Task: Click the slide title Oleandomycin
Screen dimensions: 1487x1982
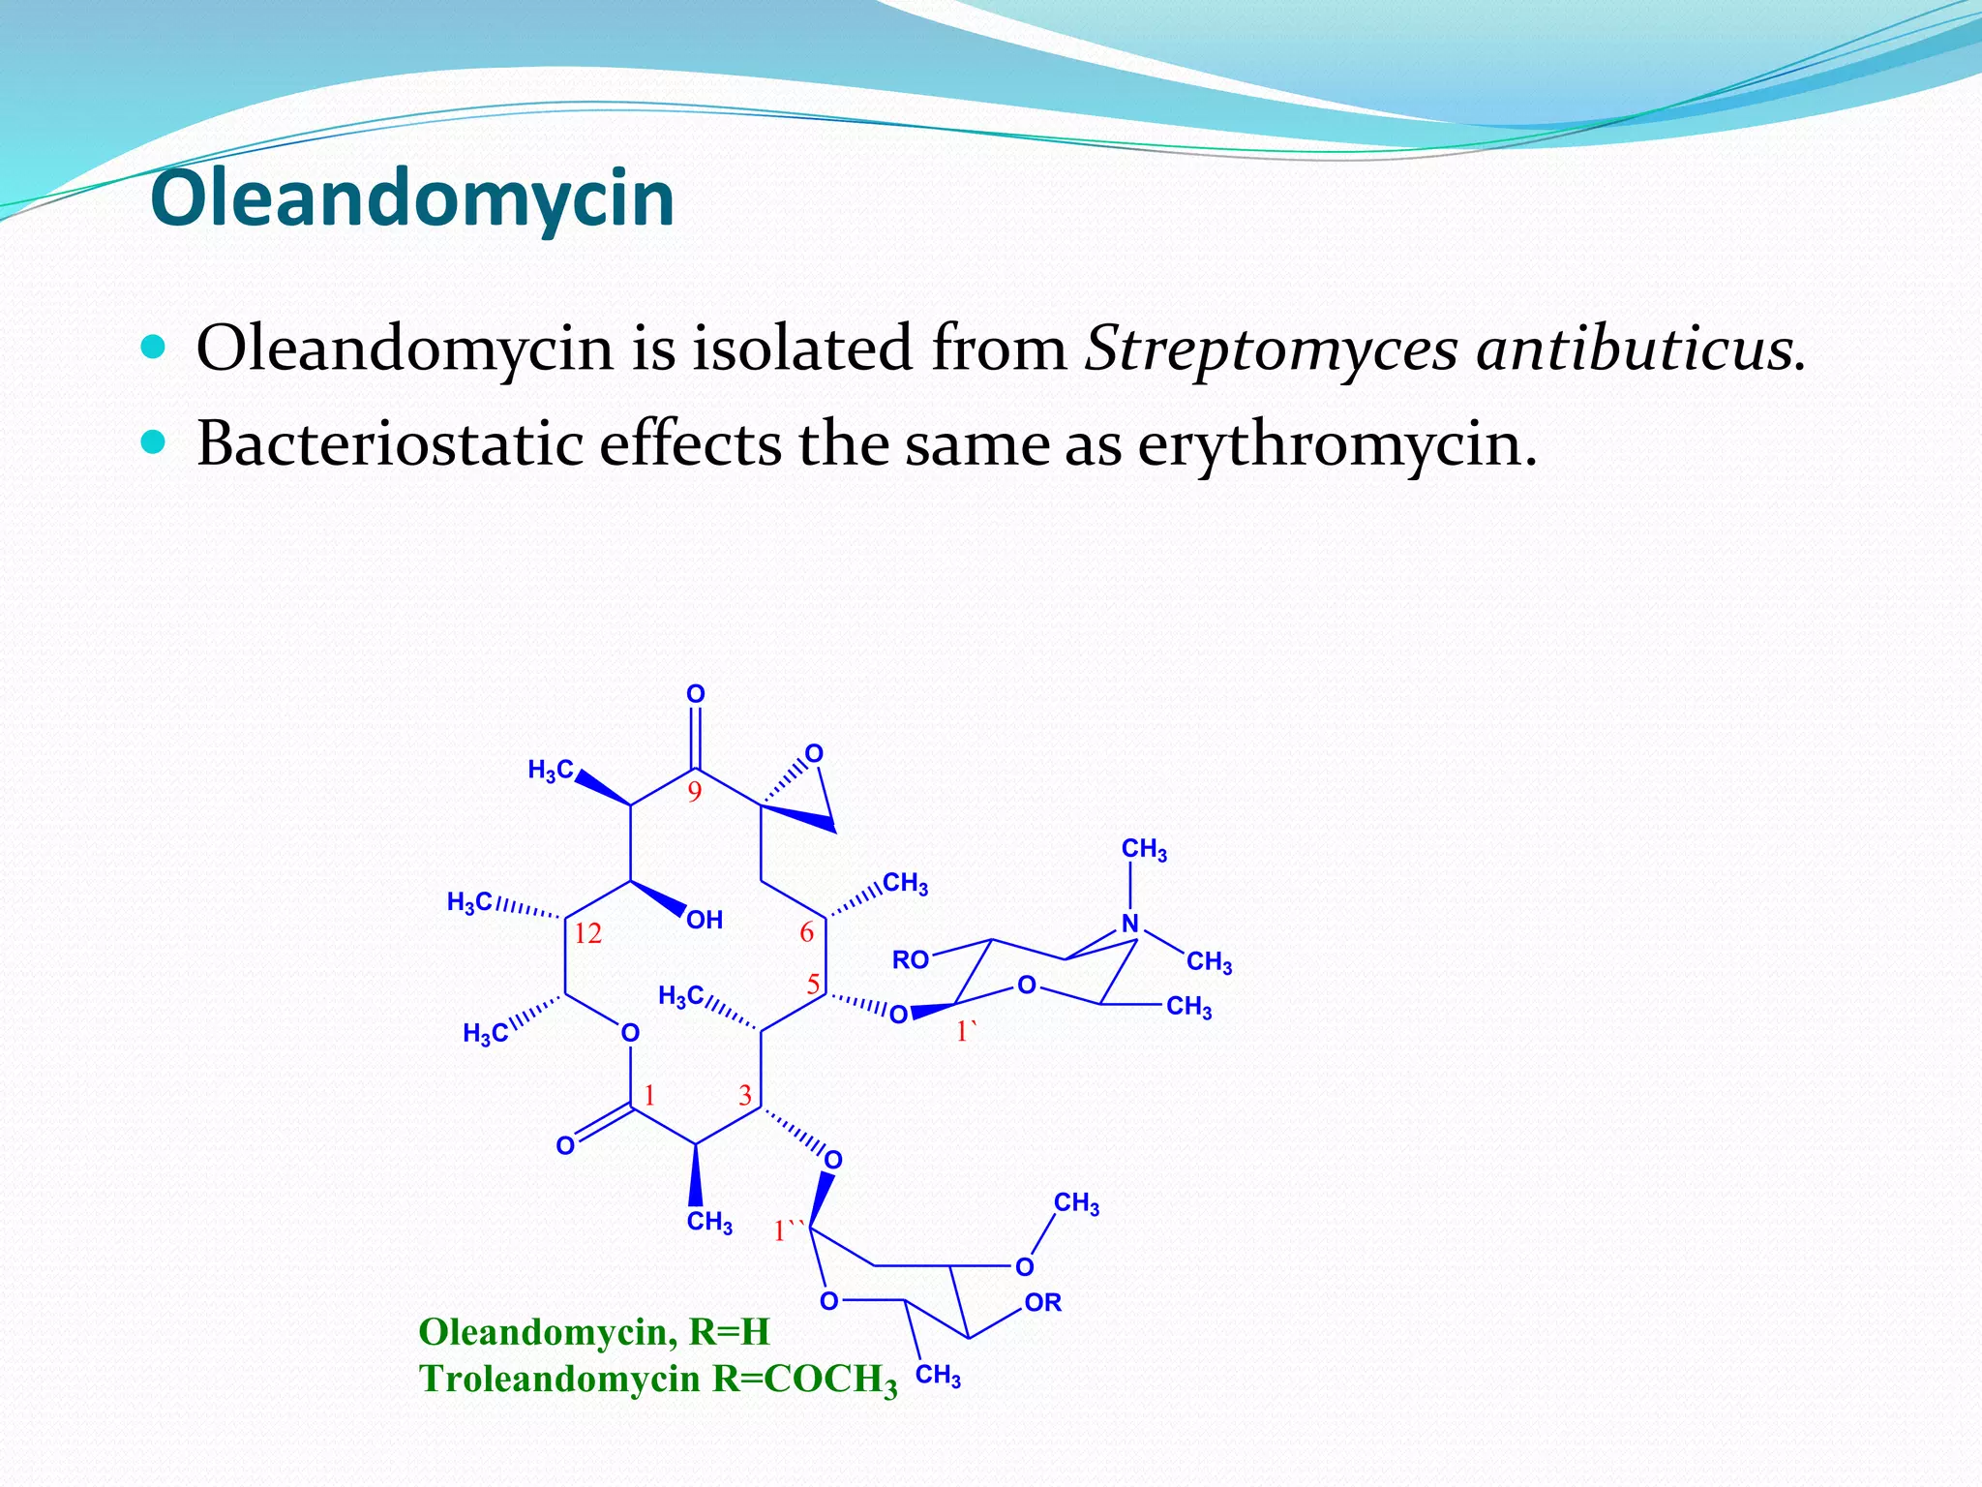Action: [x=412, y=198]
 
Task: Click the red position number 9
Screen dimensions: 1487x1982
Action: [x=694, y=793]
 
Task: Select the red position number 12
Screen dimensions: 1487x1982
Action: [x=587, y=934]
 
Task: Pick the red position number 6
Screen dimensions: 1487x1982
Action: [x=806, y=932]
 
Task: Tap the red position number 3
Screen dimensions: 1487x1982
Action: [x=745, y=1096]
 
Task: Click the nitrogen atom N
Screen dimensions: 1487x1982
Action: [x=1129, y=924]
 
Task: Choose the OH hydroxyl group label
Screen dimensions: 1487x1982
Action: [x=705, y=920]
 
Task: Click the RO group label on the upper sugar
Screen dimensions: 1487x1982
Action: [x=910, y=960]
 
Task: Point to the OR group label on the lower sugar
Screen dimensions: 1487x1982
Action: [x=1042, y=1303]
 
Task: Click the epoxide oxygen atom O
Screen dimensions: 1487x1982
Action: [x=814, y=754]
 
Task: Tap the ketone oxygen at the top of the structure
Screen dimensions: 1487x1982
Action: [x=696, y=694]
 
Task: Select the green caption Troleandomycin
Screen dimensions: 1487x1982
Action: [x=558, y=1379]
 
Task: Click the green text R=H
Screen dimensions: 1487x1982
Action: [x=729, y=1332]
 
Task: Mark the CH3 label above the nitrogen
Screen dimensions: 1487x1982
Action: [x=1144, y=850]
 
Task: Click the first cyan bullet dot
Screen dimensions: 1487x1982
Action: [x=153, y=347]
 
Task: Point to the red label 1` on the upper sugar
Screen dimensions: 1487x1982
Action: [x=966, y=1033]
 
